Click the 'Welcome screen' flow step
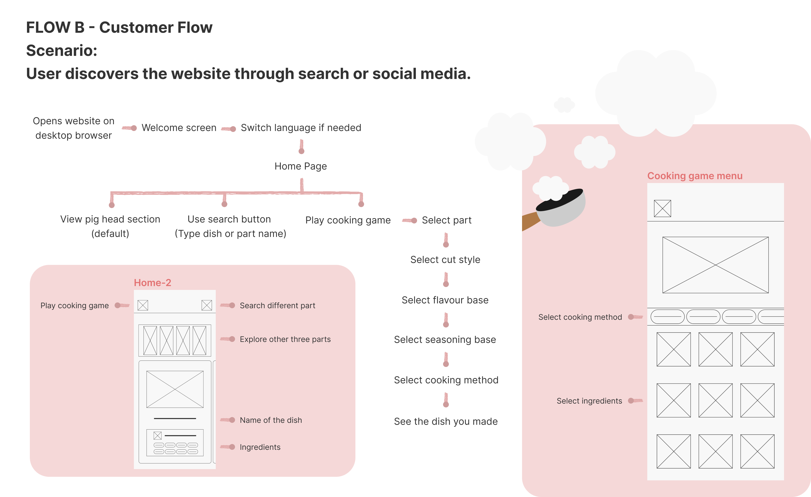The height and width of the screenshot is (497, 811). point(179,128)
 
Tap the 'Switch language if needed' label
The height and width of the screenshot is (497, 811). point(301,128)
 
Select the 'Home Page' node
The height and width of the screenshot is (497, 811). point(301,166)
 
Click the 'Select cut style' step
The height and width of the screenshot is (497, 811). point(445,260)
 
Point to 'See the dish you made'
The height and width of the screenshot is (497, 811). point(446,421)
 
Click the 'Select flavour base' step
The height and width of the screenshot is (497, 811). point(445,300)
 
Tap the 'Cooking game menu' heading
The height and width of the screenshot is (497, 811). point(694,176)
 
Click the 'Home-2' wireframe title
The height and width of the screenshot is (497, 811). point(152,283)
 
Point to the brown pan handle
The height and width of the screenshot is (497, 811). point(530,221)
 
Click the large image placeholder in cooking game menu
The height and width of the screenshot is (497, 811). point(715,265)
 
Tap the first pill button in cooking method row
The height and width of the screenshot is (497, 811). point(667,317)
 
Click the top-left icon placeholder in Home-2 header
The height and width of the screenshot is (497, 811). point(143,305)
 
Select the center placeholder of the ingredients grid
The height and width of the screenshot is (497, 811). point(715,400)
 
